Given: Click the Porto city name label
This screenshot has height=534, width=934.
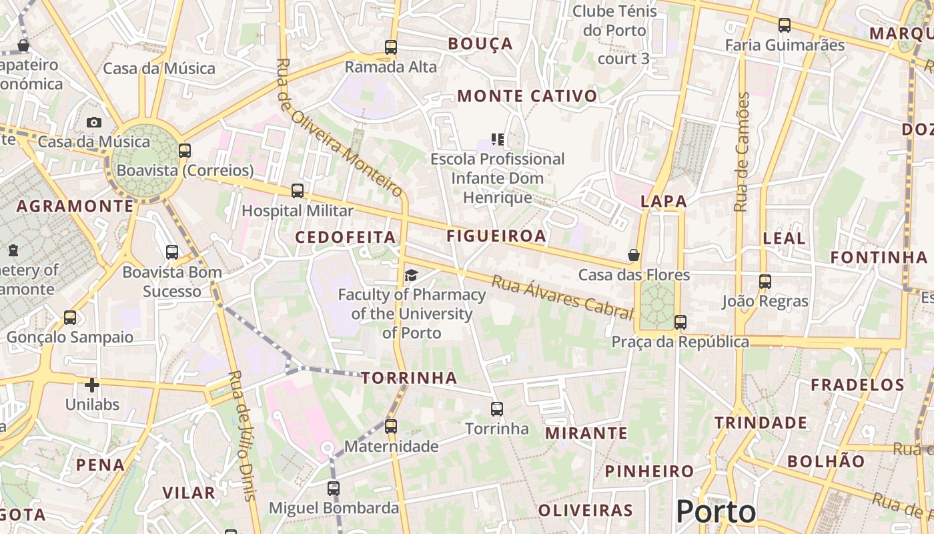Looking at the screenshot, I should [716, 512].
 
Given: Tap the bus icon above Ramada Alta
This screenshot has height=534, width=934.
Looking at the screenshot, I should [391, 47].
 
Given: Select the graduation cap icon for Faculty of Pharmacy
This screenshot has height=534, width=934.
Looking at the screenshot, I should [411, 275].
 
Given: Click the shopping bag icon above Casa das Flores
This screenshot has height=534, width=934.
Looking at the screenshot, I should [634, 255].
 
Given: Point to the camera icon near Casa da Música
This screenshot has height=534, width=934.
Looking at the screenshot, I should [94, 122].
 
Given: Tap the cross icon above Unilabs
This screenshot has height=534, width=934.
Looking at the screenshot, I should [92, 385].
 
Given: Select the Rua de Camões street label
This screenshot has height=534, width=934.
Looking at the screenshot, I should [742, 152].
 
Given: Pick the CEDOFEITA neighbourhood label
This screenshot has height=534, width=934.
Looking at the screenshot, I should [346, 238].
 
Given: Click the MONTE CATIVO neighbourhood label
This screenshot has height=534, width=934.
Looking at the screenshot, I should [527, 96].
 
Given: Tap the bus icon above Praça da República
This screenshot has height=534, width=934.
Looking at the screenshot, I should [680, 322].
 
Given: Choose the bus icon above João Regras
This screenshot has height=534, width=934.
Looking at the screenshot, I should [765, 282].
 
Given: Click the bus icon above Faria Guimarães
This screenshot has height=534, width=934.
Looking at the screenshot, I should [785, 25].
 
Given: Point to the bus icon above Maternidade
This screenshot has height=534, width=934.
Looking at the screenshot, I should [391, 426].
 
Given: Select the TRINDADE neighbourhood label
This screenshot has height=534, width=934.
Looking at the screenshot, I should [761, 423].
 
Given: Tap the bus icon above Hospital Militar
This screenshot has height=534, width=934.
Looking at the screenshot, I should [298, 191].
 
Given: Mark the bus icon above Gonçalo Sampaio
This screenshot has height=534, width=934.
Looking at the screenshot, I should [70, 318].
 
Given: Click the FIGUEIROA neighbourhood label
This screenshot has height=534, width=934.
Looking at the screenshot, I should [496, 236].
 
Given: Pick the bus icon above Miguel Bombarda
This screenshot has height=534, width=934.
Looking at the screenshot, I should [334, 489].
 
